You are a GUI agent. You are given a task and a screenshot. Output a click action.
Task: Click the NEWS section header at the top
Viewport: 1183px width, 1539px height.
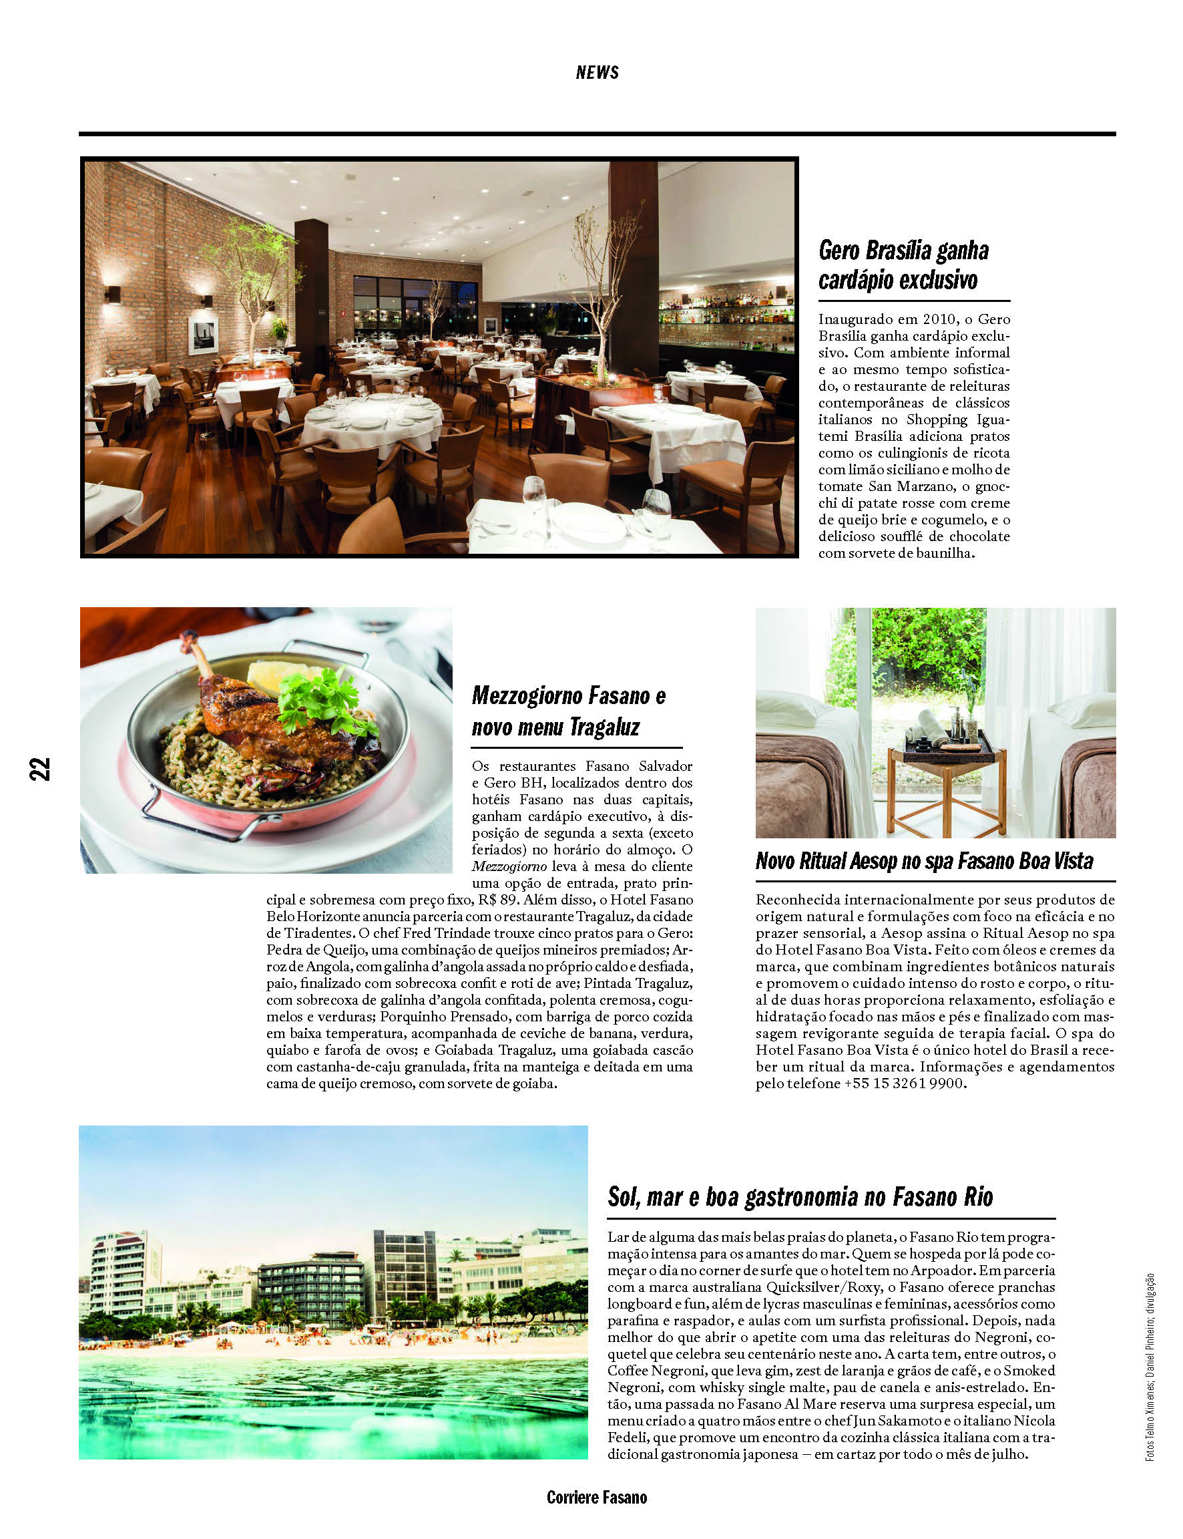click(596, 73)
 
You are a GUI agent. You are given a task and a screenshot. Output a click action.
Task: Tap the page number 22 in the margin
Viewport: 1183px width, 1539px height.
click(40, 768)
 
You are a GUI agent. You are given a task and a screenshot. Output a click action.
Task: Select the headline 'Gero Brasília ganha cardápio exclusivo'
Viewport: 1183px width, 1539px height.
click(903, 265)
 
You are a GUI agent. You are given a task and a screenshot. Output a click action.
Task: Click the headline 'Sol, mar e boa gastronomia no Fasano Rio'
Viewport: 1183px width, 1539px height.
click(799, 1198)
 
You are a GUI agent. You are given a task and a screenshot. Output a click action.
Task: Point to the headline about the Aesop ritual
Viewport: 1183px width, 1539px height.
click(923, 861)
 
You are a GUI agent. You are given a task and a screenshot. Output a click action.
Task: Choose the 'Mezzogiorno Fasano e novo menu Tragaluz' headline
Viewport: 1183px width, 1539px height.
click(567, 711)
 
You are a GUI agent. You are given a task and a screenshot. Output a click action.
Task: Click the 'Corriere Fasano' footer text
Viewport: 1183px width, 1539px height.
click(596, 1498)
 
